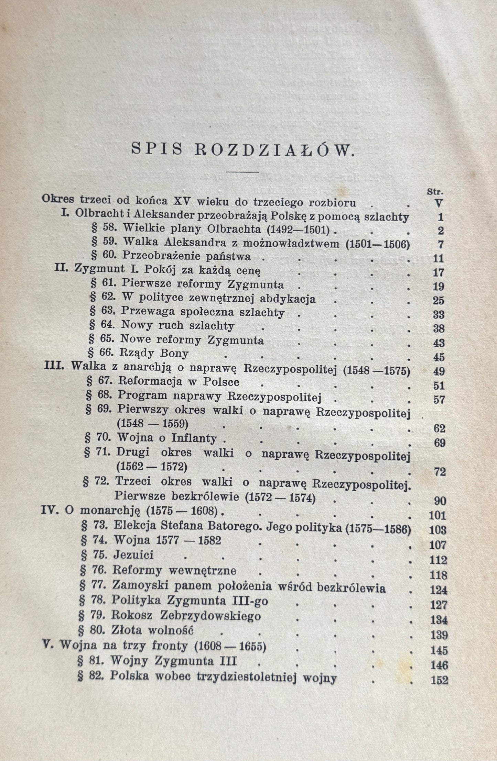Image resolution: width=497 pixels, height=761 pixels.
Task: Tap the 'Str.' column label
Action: pos(435,192)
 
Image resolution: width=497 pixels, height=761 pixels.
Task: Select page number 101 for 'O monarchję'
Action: pos(437,516)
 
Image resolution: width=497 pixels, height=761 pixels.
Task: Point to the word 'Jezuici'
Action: pos(133,555)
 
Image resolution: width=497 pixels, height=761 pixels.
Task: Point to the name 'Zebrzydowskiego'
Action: pos(212,615)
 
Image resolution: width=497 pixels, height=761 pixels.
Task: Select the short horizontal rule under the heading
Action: pos(242,172)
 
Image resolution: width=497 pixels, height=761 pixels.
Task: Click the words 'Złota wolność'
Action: pos(153,630)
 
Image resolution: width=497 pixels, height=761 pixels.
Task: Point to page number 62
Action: pos(439,428)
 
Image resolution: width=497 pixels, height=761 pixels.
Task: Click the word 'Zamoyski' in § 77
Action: pos(140,585)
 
